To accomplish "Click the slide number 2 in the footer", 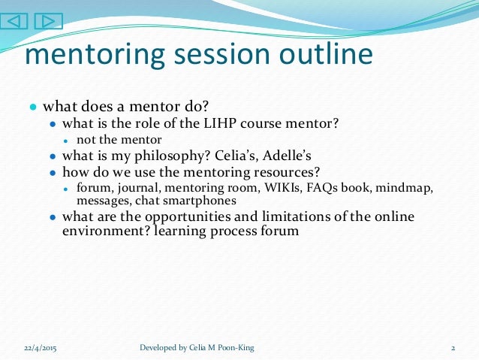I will pyautogui.click(x=454, y=348).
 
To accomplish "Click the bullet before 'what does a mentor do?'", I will pyautogui.click(x=34, y=107).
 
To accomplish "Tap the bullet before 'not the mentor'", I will pyautogui.click(x=66, y=140).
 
